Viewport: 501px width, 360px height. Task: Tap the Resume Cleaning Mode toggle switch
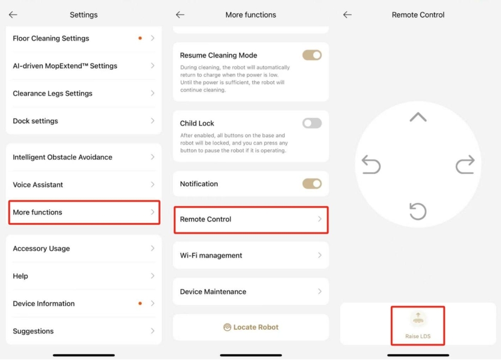pos(312,55)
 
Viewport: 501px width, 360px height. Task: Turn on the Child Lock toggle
pos(312,123)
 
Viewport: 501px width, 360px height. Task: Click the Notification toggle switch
pos(312,184)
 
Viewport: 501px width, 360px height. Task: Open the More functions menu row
pos(84,212)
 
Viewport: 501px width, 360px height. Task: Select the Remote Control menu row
pos(251,220)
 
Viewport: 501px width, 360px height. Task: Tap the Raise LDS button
pos(418,326)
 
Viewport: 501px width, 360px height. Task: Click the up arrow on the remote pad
pos(418,117)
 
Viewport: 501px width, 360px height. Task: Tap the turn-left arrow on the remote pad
pos(371,165)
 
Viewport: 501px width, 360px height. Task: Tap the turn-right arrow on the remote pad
pos(465,165)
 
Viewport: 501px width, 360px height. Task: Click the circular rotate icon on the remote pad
pos(418,211)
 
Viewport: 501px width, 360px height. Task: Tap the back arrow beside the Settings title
pos(13,15)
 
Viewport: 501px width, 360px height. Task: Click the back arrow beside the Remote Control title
pos(347,15)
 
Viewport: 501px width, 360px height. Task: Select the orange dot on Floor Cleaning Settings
pos(140,39)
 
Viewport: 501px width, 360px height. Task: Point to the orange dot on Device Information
pos(140,303)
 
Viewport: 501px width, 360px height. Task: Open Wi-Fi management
pos(251,255)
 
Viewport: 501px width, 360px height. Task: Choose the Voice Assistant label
pos(38,185)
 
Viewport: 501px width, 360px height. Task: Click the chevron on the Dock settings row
pos(153,121)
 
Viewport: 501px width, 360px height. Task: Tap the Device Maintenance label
pos(213,292)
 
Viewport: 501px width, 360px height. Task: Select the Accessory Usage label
pos(41,248)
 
